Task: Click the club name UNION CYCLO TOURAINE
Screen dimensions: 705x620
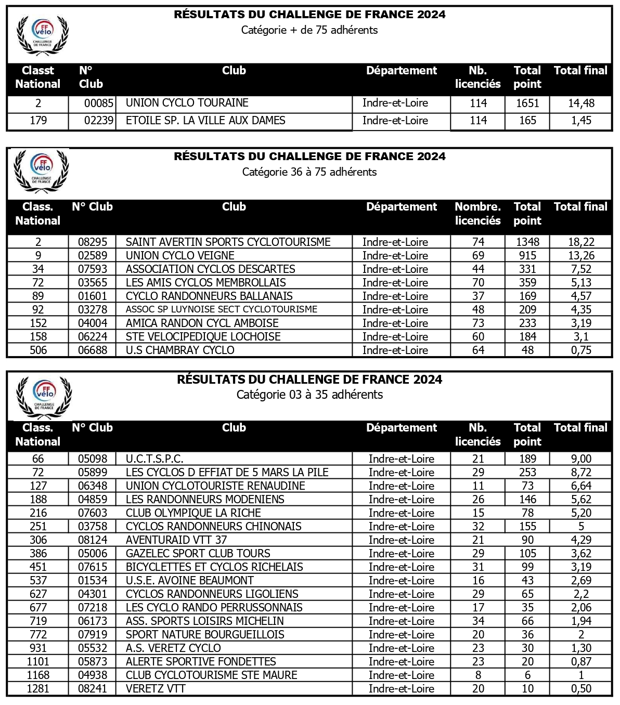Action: [187, 103]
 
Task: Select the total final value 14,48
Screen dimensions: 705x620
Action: [580, 103]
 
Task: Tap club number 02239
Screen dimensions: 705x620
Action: [98, 121]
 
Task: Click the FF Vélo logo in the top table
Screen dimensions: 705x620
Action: [43, 34]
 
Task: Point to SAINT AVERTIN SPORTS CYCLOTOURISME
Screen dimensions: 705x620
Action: [228, 242]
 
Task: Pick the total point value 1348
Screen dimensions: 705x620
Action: [527, 242]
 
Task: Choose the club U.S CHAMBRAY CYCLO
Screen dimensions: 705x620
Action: [180, 350]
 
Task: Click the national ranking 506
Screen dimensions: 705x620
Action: [38, 350]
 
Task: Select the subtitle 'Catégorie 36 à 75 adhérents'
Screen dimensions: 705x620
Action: [309, 172]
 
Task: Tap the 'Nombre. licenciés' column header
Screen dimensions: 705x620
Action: [477, 214]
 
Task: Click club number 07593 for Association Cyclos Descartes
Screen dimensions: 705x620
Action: [93, 269]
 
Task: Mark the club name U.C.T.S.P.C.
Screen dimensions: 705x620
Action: [154, 459]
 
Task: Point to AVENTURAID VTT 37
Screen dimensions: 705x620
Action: [176, 540]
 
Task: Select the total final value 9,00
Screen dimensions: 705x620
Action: [581, 459]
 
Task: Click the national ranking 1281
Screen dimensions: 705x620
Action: [38, 689]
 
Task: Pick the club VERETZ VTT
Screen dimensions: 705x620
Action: [156, 689]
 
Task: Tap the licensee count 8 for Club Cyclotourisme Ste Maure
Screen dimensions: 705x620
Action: [478, 675]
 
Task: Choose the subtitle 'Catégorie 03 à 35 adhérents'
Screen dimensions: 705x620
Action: [309, 395]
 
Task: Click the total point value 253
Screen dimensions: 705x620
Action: [527, 473]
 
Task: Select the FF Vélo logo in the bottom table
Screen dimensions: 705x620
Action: [44, 397]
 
